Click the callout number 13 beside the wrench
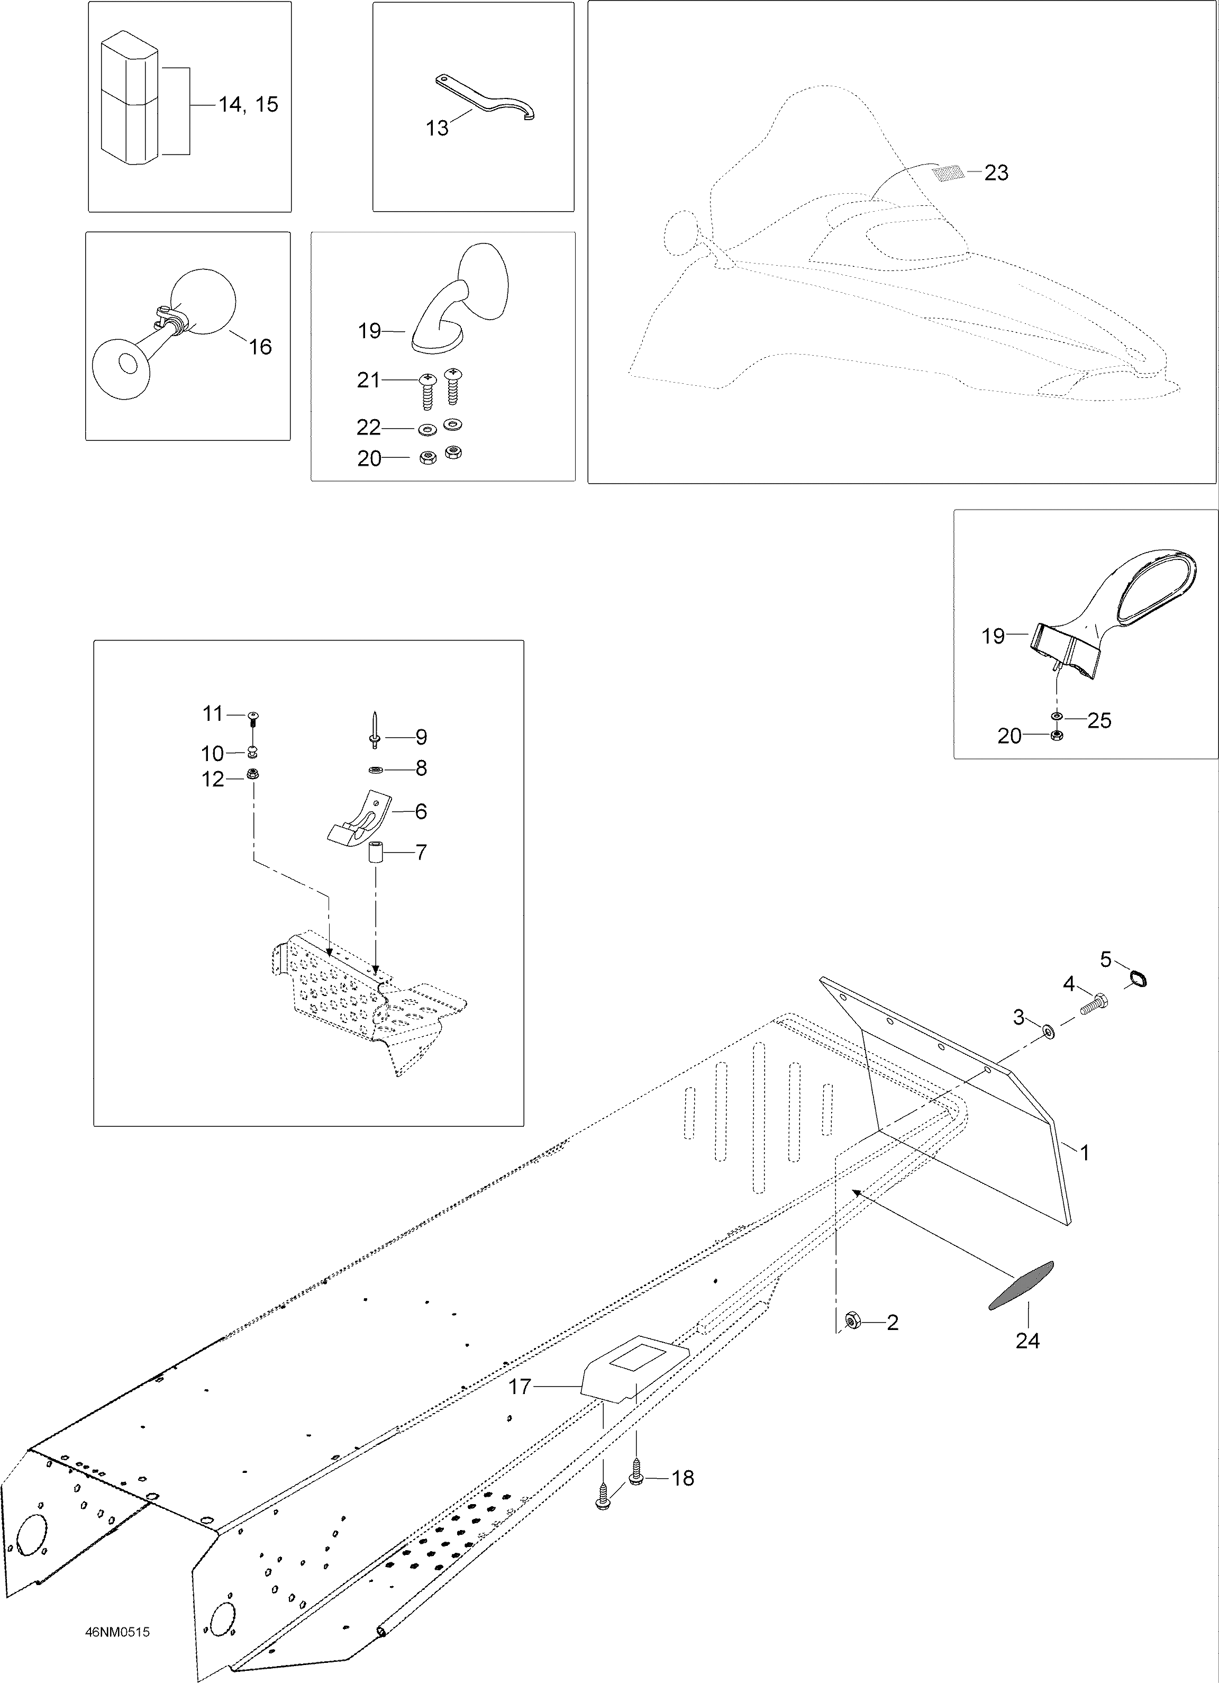tap(437, 129)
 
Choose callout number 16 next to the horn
tap(260, 347)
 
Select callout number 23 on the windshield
tap(996, 173)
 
